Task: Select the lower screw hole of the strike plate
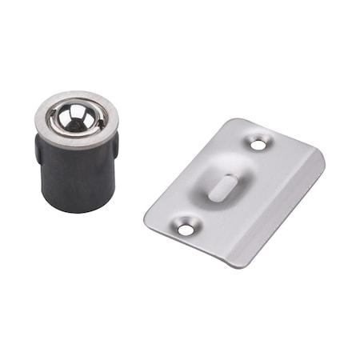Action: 186,230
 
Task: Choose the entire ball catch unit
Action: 76,152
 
